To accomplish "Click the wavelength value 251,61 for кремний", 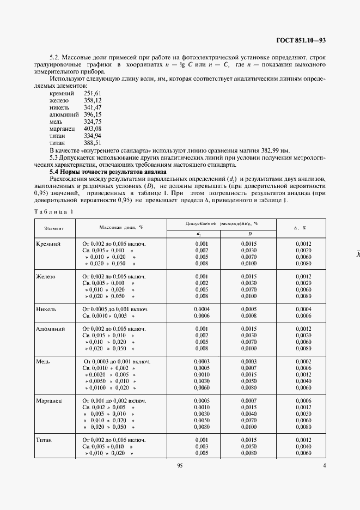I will pos(93,94).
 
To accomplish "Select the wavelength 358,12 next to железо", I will pos(93,101).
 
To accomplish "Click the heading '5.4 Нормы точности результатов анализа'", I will pos(108,172).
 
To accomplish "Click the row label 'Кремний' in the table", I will pos(48,244).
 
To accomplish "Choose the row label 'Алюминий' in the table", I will pos(51,329).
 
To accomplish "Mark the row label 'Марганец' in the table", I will pos(50,400).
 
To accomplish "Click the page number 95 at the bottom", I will pos(180,465).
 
